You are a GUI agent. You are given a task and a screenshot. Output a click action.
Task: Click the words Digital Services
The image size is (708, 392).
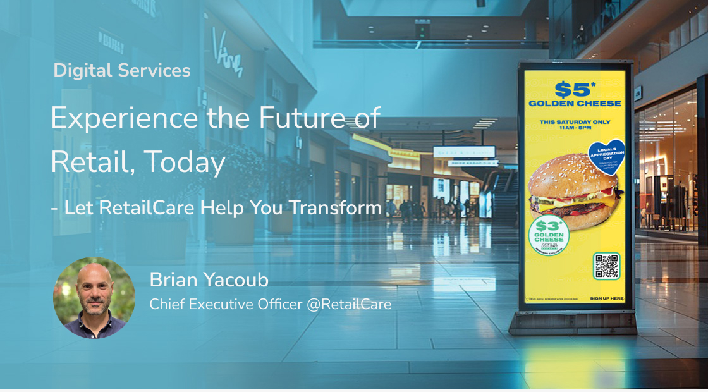[122, 71]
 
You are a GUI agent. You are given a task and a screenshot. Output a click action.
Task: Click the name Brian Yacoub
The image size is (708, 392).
[209, 279]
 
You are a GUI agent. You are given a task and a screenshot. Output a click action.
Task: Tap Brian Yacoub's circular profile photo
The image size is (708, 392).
[94, 297]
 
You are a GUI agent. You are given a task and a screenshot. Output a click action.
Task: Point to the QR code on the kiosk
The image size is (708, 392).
[607, 266]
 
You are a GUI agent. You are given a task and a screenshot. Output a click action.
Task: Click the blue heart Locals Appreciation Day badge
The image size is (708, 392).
[606, 155]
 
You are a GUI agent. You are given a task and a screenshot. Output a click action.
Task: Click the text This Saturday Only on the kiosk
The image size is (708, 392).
[575, 121]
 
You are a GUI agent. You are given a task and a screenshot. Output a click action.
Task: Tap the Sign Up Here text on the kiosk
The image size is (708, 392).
[606, 298]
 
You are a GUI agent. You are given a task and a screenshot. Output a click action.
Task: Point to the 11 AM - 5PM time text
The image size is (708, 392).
[575, 128]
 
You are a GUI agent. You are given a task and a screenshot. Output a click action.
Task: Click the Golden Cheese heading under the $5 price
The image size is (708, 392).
[575, 103]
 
